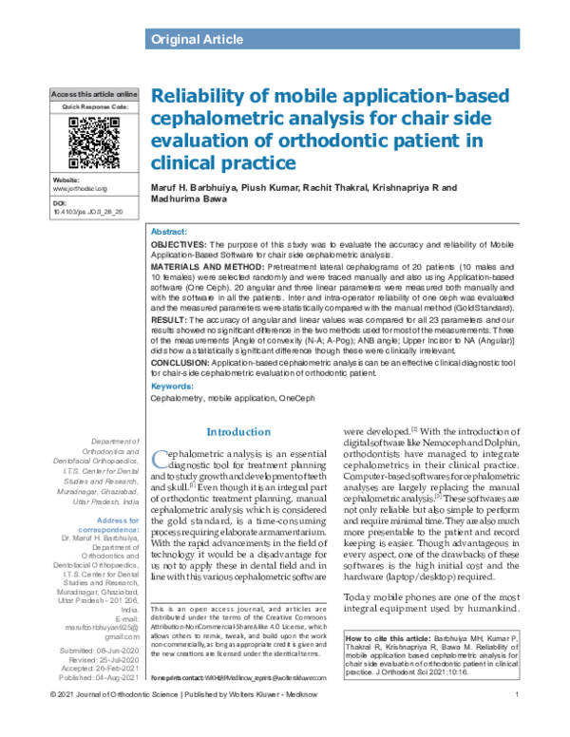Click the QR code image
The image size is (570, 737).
coord(93,142)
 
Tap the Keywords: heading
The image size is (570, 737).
coord(177,387)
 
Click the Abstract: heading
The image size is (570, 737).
coord(170,232)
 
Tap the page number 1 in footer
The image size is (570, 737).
coord(515,724)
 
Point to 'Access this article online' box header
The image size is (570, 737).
coord(93,96)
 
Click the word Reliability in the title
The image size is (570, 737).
coord(202,97)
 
